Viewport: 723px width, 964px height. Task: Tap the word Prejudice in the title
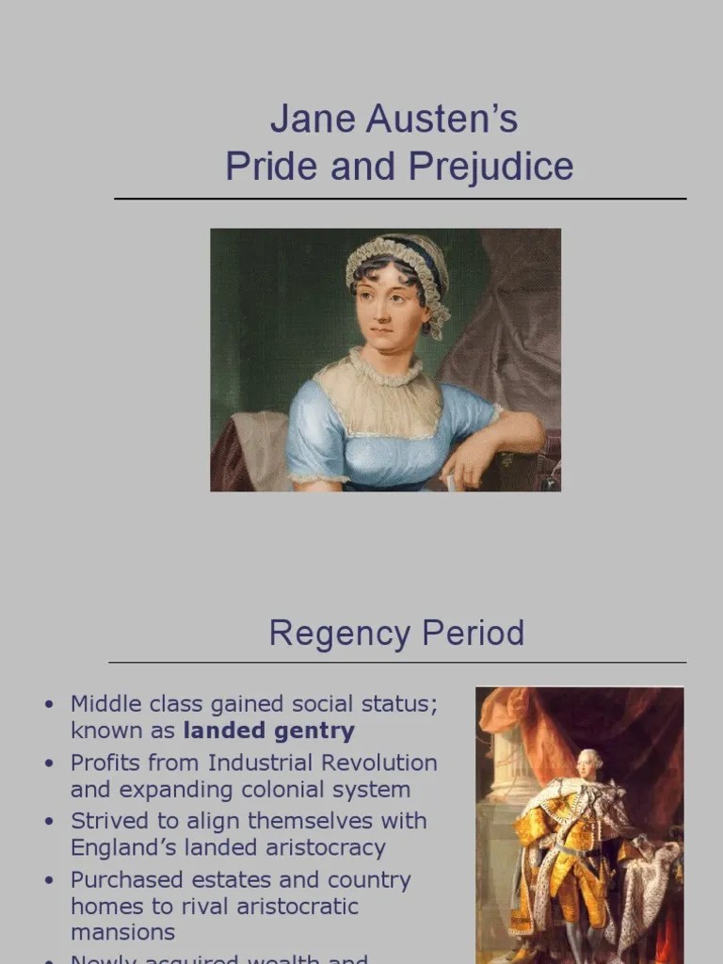tap(490, 167)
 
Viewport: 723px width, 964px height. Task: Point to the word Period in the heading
tap(474, 634)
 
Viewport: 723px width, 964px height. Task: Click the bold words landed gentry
tap(269, 731)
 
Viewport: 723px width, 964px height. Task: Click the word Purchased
tap(125, 880)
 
